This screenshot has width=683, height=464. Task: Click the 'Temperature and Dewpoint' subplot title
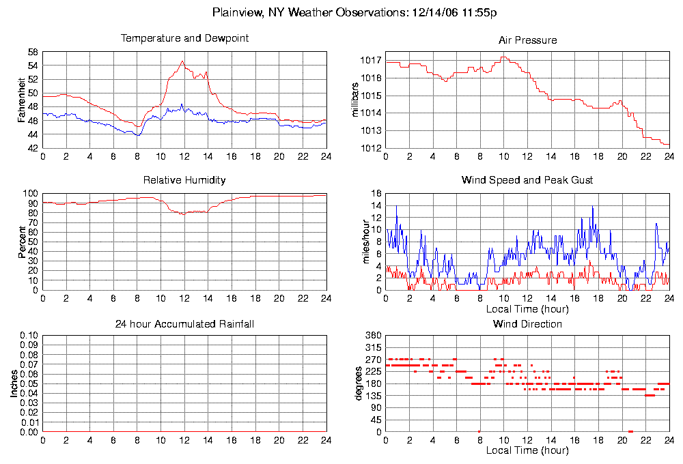click(184, 38)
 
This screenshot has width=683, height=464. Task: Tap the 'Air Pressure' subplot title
click(527, 40)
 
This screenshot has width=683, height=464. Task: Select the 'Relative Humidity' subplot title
click(184, 180)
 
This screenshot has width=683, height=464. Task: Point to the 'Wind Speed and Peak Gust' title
click(527, 180)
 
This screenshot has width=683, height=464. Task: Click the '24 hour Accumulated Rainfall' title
click(184, 323)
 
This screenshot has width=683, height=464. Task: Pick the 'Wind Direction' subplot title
click(527, 323)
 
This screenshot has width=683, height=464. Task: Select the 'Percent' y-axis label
click(22, 242)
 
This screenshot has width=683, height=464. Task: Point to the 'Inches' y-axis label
click(14, 383)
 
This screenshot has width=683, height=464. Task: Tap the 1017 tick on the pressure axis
click(371, 60)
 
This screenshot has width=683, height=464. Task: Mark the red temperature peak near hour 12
click(182, 61)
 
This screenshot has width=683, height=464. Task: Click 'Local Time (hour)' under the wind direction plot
click(527, 450)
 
